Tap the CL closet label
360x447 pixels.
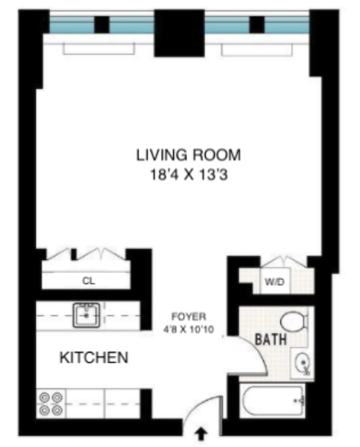pos(88,281)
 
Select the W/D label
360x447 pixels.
pos(271,283)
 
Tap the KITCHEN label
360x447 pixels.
pos(93,358)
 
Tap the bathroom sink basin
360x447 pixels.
pos(301,364)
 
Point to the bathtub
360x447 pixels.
pos(274,401)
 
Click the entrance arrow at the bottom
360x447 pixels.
pos(201,432)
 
